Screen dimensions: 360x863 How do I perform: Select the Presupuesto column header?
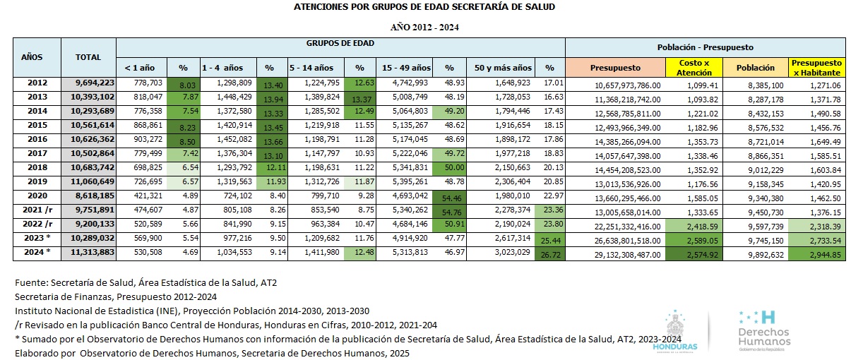point(615,68)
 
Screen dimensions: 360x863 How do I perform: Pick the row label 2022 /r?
point(37,222)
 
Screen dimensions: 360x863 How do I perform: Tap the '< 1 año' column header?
point(140,68)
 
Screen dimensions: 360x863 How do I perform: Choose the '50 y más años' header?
point(503,68)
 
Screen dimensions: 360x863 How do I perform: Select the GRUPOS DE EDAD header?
point(340,43)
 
